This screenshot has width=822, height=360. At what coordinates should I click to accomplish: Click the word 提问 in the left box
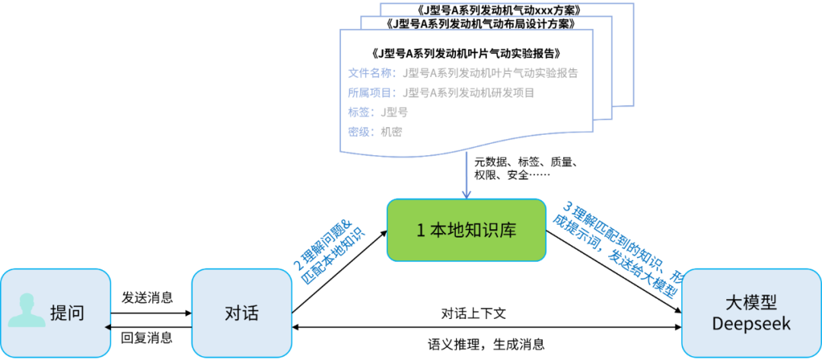coord(67,313)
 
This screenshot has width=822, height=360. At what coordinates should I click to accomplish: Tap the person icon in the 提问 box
coord(27,311)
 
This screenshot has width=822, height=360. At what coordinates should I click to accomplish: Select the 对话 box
coord(242,313)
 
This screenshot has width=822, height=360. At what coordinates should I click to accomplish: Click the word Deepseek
coord(750,323)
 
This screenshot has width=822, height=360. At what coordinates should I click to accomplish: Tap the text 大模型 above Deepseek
coord(750,302)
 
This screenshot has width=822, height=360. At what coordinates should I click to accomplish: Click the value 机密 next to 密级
coord(391,131)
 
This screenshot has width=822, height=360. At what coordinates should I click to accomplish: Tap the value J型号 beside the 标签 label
coord(395,112)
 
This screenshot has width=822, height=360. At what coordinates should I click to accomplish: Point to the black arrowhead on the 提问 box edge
coord(108,327)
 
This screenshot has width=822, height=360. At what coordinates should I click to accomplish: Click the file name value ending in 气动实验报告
coord(491,74)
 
